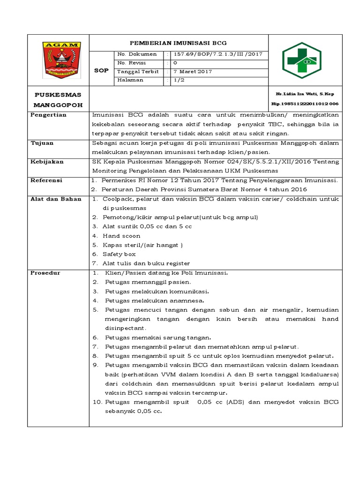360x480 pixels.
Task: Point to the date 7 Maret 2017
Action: (193, 72)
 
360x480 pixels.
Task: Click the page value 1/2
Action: (179, 81)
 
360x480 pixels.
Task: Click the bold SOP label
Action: (102, 70)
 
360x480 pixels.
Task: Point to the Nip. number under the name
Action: (305, 104)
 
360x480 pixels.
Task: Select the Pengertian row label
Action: (48, 115)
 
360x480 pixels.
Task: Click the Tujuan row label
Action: (42, 143)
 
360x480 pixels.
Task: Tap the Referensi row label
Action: (46, 180)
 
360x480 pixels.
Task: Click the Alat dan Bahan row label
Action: (56, 199)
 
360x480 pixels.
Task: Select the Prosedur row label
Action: (45, 273)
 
